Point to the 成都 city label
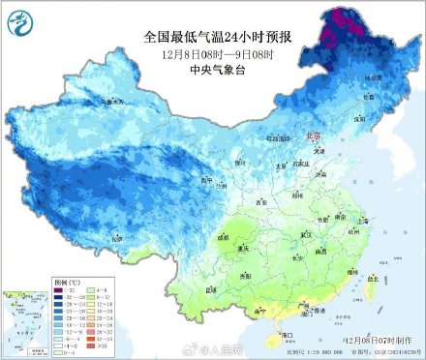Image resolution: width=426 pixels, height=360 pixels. point(224,235)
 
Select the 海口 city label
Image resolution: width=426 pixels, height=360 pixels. point(287,334)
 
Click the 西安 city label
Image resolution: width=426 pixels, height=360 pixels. point(260,202)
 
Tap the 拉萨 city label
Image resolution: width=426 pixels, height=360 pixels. point(117,238)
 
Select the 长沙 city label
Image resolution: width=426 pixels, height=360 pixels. point(300,257)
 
